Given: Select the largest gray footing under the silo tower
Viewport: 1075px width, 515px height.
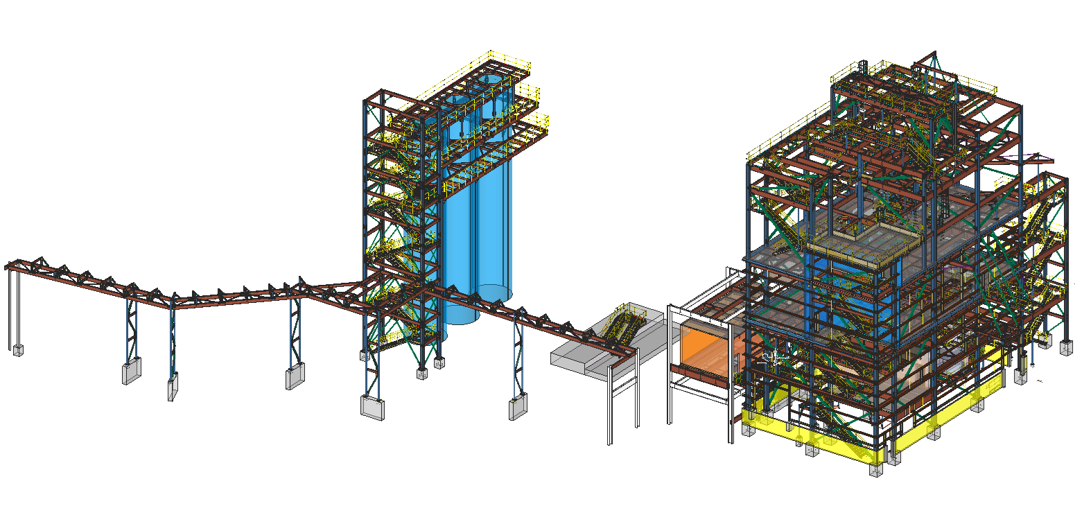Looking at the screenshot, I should pyautogui.click(x=373, y=407).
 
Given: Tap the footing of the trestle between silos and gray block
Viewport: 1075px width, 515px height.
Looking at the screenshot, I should pyautogui.click(x=517, y=407).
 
